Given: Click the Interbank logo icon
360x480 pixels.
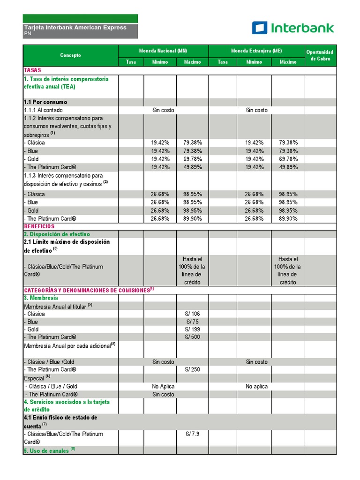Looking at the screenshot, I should (259, 28).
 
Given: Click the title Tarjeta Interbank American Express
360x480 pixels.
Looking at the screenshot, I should (75, 28).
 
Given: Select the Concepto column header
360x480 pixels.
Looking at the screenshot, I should (70, 55).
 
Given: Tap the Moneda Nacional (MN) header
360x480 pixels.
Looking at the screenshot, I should (163, 51).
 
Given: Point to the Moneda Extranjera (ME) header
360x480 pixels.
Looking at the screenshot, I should (256, 51).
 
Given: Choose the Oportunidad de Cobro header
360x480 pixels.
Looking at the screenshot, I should (320, 55).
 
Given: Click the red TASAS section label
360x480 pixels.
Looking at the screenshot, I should (33, 70).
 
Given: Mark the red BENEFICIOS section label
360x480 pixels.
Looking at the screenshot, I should (39, 226).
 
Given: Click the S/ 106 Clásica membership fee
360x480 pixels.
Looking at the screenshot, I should (192, 314).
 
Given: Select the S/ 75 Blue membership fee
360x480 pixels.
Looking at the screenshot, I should (192, 322).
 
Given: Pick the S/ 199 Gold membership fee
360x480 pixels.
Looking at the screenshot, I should (192, 330).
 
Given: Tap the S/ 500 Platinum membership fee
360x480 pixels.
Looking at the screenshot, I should (192, 337).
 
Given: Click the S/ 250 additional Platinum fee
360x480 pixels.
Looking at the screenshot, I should (192, 369).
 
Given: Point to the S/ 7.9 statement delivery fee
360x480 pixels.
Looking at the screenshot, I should (192, 434).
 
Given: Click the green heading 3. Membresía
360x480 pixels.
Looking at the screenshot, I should (41, 298).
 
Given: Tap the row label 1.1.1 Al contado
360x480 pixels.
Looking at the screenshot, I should (43, 110).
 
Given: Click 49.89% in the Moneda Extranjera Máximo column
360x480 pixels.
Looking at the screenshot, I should (288, 167).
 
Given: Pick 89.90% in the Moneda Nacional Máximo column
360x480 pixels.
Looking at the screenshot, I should (193, 218).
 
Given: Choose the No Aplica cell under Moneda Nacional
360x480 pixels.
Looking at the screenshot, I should (163, 387).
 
